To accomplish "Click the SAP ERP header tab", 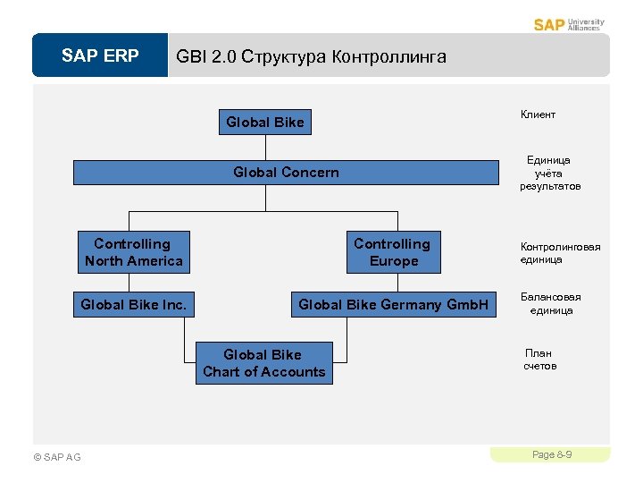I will coord(100,56).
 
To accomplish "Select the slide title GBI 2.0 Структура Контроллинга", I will coord(311,56).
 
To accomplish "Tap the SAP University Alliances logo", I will coord(569,24).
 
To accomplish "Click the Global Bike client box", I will coord(265,123).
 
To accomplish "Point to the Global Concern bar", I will coord(286,173).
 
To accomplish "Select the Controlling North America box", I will coord(133,252).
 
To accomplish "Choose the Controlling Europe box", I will coord(392,252).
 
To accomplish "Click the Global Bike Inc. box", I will coord(133,305).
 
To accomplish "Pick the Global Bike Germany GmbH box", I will coord(393,305).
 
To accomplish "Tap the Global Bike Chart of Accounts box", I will coord(264,363).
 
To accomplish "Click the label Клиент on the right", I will coord(538,114).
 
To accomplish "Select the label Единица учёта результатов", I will coord(550,174).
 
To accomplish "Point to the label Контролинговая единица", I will coord(560,253).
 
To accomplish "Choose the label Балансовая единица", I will coord(550,304).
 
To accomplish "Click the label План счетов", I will coord(539,360).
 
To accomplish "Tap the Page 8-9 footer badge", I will coord(551,455).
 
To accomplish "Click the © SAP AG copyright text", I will coord(56,458).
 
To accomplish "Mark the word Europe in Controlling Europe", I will coord(394,261).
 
